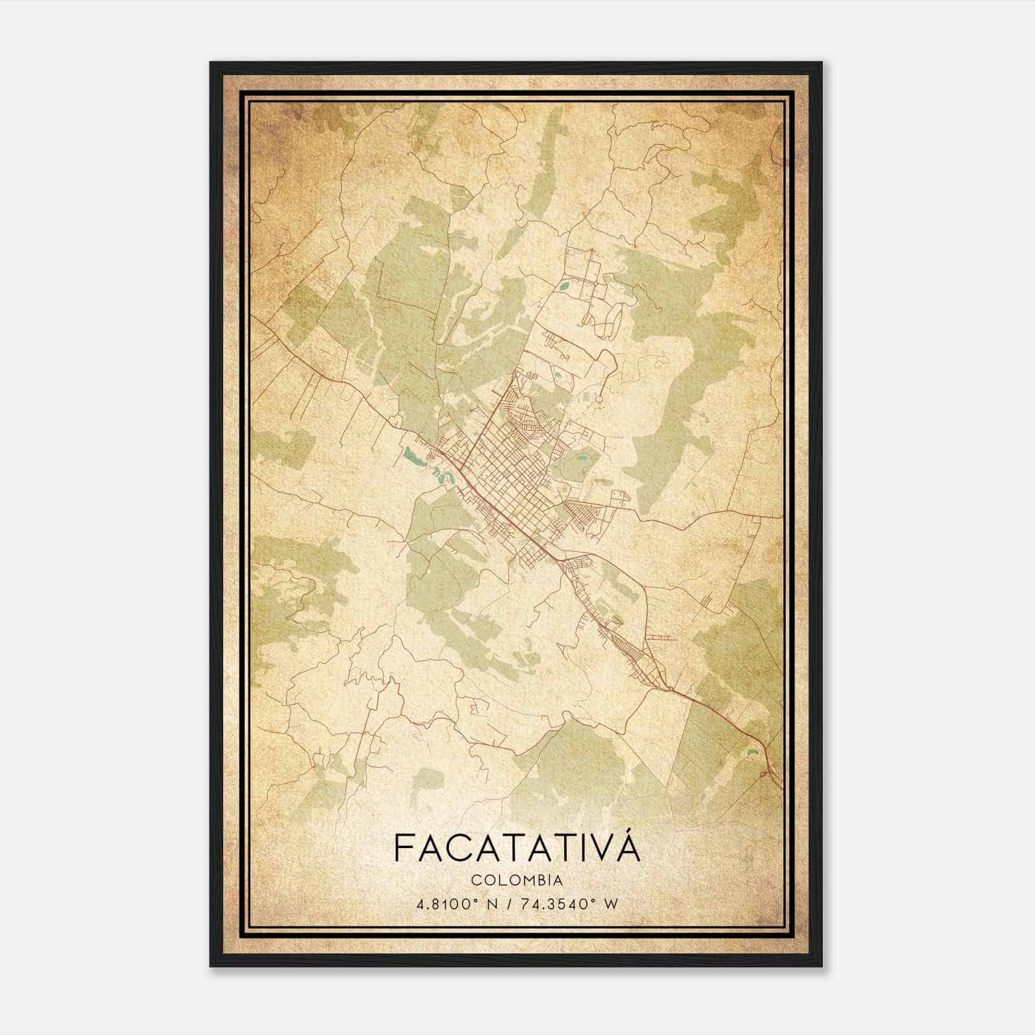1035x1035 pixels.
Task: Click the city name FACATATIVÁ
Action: (x=516, y=847)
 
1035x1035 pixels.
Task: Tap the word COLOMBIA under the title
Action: (x=516, y=880)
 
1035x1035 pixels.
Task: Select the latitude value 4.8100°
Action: (x=446, y=903)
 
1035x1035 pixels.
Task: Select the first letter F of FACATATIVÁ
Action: (x=403, y=848)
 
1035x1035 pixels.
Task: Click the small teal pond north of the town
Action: (x=565, y=283)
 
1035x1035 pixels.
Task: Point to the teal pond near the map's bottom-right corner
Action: (x=752, y=752)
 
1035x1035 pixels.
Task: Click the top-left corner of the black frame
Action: (x=211, y=63)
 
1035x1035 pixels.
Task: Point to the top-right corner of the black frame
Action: (x=822, y=63)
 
